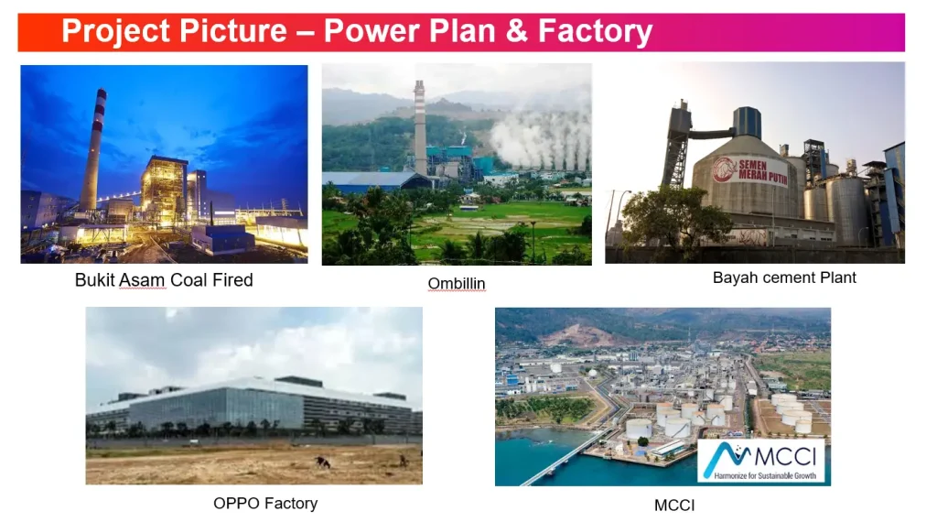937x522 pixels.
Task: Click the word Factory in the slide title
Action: pyautogui.click(x=595, y=31)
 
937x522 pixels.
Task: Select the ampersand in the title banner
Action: pyautogui.click(x=517, y=30)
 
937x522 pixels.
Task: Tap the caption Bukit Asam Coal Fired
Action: pyautogui.click(x=164, y=280)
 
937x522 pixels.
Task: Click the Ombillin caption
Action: pyautogui.click(x=457, y=283)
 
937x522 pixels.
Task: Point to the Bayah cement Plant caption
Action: pyautogui.click(x=784, y=277)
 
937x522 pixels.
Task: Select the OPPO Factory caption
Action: pyautogui.click(x=265, y=504)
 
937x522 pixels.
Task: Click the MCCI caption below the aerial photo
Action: pyautogui.click(x=674, y=506)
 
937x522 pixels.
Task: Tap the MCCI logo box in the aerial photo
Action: pyautogui.click(x=760, y=461)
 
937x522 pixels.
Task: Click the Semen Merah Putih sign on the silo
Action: pyautogui.click(x=750, y=171)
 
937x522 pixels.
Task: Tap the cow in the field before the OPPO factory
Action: pyautogui.click(x=323, y=462)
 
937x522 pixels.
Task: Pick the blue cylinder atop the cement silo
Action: pyautogui.click(x=747, y=122)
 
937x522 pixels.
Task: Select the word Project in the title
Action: pyautogui.click(x=115, y=31)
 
